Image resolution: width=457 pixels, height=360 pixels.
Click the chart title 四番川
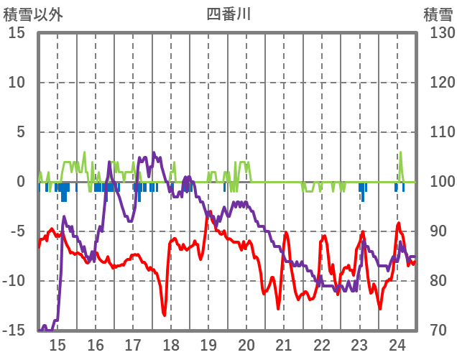[228, 13]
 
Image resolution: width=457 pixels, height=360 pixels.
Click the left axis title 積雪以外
[33, 14]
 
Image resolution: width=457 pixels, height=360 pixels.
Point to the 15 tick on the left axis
[17, 33]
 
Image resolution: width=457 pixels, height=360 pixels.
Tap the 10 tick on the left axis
[17, 83]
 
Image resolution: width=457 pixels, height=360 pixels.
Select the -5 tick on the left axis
[17, 231]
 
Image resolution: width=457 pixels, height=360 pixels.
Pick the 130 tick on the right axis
[438, 33]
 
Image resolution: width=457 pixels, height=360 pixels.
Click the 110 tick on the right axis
[438, 132]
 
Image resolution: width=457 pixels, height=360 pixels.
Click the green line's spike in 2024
[400, 152]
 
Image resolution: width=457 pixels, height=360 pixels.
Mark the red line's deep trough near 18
[165, 314]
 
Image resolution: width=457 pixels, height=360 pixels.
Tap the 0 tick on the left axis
[21, 182]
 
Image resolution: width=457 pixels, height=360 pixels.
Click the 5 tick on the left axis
[21, 132]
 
